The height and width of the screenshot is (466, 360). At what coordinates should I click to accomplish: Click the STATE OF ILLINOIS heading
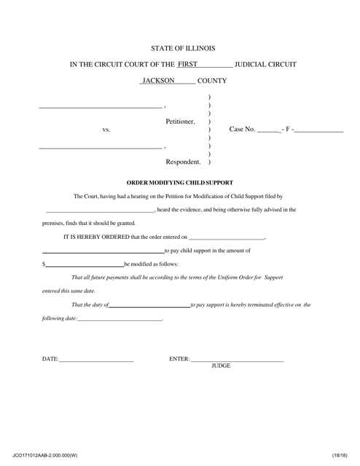click(x=183, y=49)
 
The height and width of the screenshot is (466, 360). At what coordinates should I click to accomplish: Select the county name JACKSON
click(x=159, y=80)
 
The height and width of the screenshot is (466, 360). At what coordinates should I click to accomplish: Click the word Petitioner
click(x=180, y=122)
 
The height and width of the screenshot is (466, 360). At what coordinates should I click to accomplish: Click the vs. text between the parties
click(x=106, y=130)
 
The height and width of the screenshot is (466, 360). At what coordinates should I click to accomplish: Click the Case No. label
click(x=242, y=130)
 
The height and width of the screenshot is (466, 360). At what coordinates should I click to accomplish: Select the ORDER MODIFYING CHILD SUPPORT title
click(x=179, y=182)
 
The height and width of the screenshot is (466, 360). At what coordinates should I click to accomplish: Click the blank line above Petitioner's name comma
click(x=100, y=108)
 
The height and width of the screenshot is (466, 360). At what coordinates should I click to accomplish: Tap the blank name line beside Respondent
click(x=100, y=148)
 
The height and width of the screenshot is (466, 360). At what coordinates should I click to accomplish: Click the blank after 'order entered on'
click(x=226, y=237)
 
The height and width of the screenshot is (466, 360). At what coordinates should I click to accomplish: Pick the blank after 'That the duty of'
click(x=149, y=306)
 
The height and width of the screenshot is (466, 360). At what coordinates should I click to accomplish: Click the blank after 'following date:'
click(x=120, y=320)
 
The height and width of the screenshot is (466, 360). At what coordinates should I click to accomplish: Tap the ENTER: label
click(x=179, y=359)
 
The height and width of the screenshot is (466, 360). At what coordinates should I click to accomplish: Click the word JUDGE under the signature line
click(x=220, y=366)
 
